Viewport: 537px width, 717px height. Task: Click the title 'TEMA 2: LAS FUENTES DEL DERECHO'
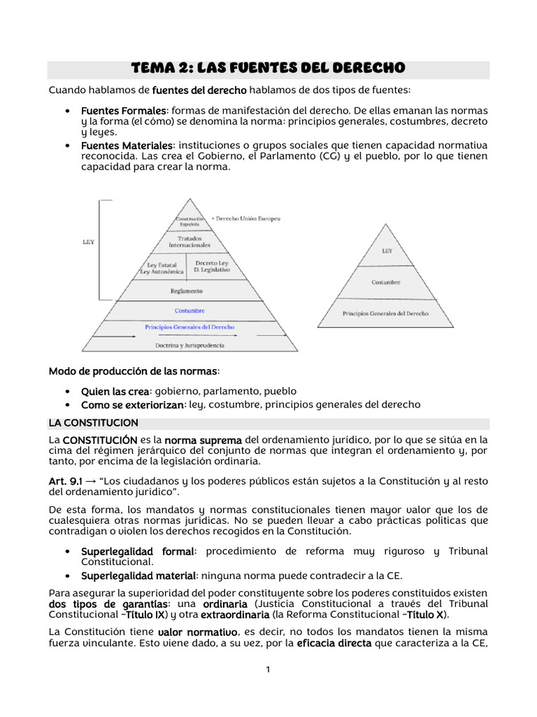(x=268, y=69)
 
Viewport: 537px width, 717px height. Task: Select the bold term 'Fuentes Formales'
(x=124, y=111)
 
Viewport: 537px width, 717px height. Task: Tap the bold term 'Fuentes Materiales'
(x=127, y=145)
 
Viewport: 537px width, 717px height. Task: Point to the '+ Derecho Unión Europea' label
(x=245, y=219)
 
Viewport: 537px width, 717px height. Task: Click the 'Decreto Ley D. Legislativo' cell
(x=211, y=267)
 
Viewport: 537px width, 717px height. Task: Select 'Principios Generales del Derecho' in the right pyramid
(x=386, y=314)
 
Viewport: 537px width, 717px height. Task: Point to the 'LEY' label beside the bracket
(x=88, y=242)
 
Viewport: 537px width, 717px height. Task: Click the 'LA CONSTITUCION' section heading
(x=93, y=424)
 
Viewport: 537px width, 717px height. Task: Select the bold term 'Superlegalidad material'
(x=138, y=576)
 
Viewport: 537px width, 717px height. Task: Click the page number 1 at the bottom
(x=268, y=669)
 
